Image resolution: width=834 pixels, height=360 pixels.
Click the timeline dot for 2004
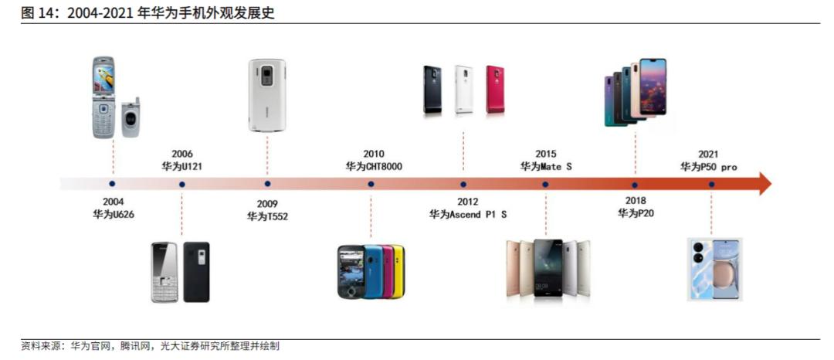click(112, 184)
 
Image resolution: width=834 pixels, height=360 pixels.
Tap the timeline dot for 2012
click(463, 184)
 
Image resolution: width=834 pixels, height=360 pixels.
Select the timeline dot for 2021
click(711, 184)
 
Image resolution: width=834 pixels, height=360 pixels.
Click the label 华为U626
click(113, 213)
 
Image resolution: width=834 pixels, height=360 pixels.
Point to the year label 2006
click(182, 155)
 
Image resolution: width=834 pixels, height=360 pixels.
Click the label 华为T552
click(267, 216)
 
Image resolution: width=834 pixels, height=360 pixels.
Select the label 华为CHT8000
click(374, 166)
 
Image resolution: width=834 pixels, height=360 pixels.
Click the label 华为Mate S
click(546, 166)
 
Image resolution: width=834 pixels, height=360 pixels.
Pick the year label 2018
click(635, 201)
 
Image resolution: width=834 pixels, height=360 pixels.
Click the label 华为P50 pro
click(708, 167)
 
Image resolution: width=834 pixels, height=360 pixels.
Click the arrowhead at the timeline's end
click(764, 184)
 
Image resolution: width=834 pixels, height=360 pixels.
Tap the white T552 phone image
click(267, 95)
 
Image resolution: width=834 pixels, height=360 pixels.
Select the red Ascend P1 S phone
click(495, 90)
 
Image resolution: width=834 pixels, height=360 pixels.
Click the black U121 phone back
click(196, 272)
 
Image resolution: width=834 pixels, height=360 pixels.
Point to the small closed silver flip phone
click(131, 118)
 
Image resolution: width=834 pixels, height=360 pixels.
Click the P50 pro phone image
click(714, 269)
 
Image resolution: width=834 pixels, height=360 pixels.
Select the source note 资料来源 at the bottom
click(42, 346)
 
